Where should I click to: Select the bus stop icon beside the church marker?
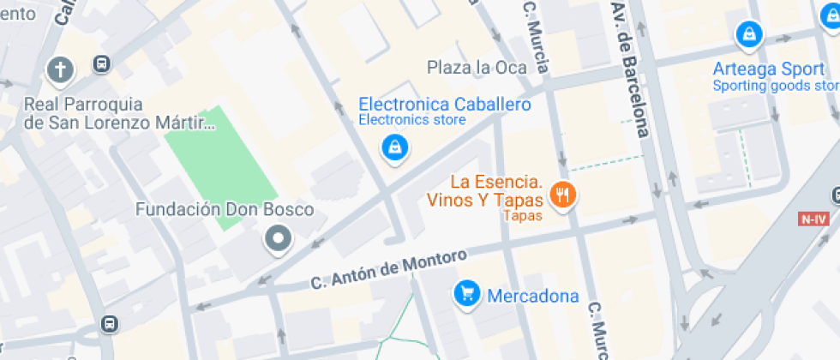click(x=102, y=64)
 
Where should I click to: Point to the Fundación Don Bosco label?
click(x=225, y=210)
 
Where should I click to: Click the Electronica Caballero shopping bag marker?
click(x=394, y=147)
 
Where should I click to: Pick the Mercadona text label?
click(x=532, y=297)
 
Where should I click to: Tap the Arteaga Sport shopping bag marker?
click(x=749, y=35)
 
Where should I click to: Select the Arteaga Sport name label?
click(x=767, y=69)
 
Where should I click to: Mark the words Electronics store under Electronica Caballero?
click(x=411, y=120)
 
